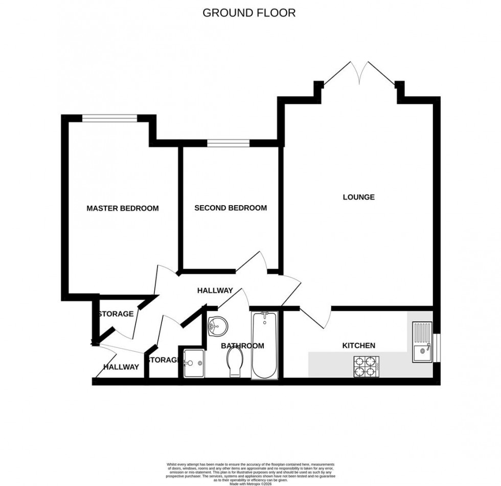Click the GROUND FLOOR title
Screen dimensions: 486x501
[x=249, y=13]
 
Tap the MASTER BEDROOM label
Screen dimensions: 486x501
[x=122, y=208]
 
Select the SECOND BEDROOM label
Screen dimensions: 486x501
[x=231, y=208]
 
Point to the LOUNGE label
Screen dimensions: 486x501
[x=358, y=197]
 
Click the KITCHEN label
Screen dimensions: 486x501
[x=358, y=346]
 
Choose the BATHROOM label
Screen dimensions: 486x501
[x=242, y=346]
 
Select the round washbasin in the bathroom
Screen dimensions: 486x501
[x=218, y=324]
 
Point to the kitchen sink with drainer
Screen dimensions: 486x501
[x=422, y=342]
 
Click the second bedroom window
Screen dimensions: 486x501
[x=228, y=143]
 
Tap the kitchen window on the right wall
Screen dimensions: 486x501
[x=436, y=348]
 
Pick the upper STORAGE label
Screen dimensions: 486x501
[x=116, y=314]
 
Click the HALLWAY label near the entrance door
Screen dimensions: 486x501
[x=121, y=367]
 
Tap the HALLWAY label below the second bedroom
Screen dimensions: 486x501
[x=215, y=291]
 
